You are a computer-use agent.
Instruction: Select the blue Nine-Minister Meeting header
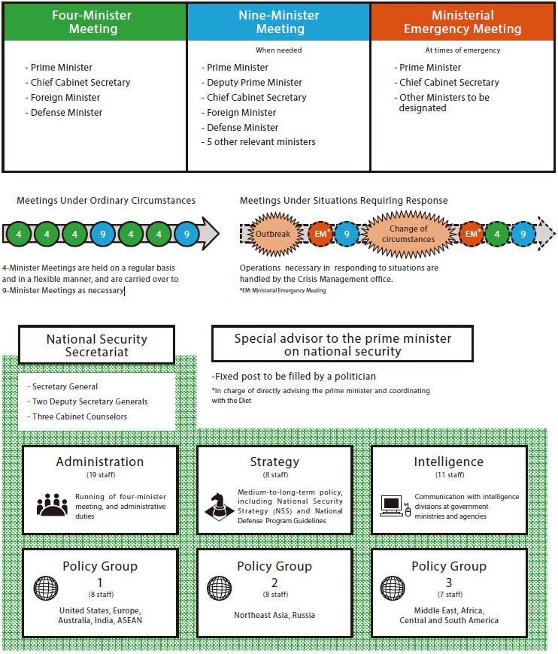coord(278,22)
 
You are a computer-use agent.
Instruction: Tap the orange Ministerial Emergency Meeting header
coord(462,22)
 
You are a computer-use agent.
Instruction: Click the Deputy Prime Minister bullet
coord(253,83)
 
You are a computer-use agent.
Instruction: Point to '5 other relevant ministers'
coord(260,142)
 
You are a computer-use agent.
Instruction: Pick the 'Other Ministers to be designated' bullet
coord(443,103)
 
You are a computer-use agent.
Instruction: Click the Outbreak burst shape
coord(272,234)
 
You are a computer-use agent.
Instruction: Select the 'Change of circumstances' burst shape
coord(408,234)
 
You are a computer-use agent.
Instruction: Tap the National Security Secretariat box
coord(97,345)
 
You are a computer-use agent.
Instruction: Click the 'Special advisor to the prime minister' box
coord(342,345)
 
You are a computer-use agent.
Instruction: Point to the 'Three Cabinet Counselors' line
coord(79,416)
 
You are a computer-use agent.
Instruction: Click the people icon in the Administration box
coord(52,505)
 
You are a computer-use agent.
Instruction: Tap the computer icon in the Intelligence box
coord(393,505)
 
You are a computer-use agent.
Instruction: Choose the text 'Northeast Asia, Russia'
coord(274,615)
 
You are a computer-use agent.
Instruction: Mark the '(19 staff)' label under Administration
coord(100,475)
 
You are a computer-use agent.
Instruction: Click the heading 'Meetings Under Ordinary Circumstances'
coord(106,201)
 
